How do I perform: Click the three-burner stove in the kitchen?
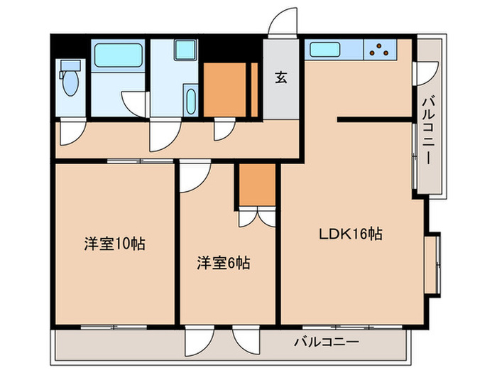click(380, 50)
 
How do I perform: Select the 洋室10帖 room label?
click(115, 244)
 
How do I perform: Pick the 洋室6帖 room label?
click(223, 263)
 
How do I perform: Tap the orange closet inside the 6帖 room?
click(256, 184)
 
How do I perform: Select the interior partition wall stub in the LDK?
click(375, 119)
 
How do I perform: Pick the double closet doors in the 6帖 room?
click(256, 216)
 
